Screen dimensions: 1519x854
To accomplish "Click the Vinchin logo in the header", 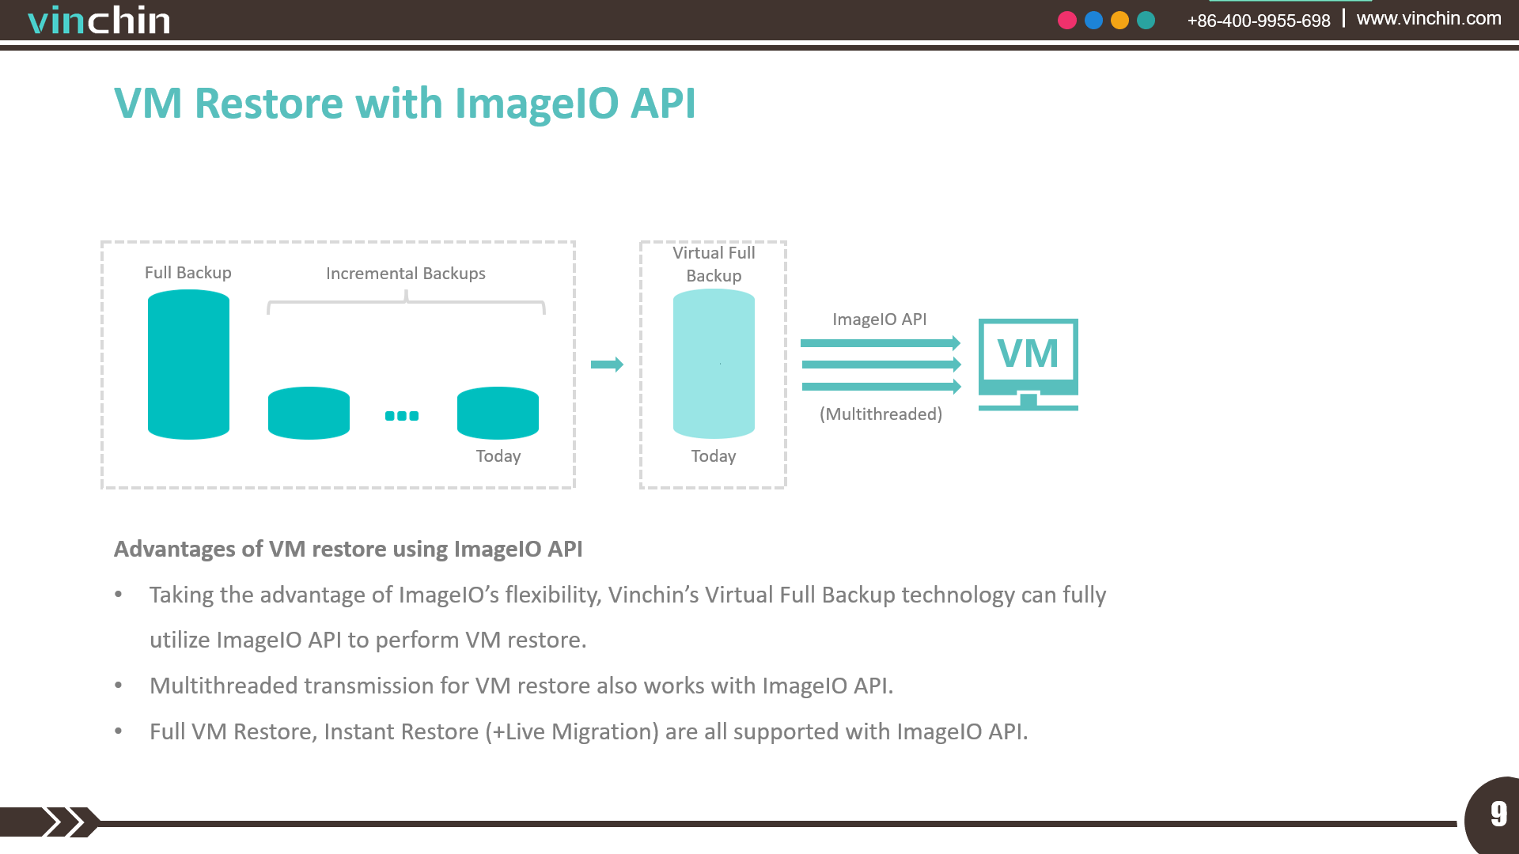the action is (x=99, y=20).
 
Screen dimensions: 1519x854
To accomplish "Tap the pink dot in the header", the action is (x=1067, y=21).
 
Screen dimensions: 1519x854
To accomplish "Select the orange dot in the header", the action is (x=1119, y=21).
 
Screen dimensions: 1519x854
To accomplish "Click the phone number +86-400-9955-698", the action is (x=1259, y=21).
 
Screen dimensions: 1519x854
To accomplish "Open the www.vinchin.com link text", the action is (x=1429, y=18).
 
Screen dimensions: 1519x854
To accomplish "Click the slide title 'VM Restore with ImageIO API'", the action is (x=405, y=104).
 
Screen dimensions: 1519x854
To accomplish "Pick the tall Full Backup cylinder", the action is (x=188, y=365).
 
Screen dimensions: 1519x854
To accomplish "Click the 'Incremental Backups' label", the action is (x=406, y=274).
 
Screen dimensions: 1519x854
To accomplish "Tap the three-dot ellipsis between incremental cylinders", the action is (x=402, y=416).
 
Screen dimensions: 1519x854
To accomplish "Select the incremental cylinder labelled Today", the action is (x=498, y=413).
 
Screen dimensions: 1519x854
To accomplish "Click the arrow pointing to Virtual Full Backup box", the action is (x=607, y=365).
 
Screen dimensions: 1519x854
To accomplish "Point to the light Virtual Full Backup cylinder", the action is (x=714, y=364).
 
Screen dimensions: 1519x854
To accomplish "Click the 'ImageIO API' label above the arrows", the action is (x=880, y=319).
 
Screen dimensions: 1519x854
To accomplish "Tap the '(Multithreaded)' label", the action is (x=881, y=414).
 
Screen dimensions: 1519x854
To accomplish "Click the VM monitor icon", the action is (x=1028, y=365).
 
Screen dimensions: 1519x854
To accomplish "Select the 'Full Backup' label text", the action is (x=188, y=273).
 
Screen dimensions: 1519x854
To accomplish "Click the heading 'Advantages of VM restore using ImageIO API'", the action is (x=348, y=550).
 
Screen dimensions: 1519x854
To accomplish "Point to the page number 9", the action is (x=1498, y=814).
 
